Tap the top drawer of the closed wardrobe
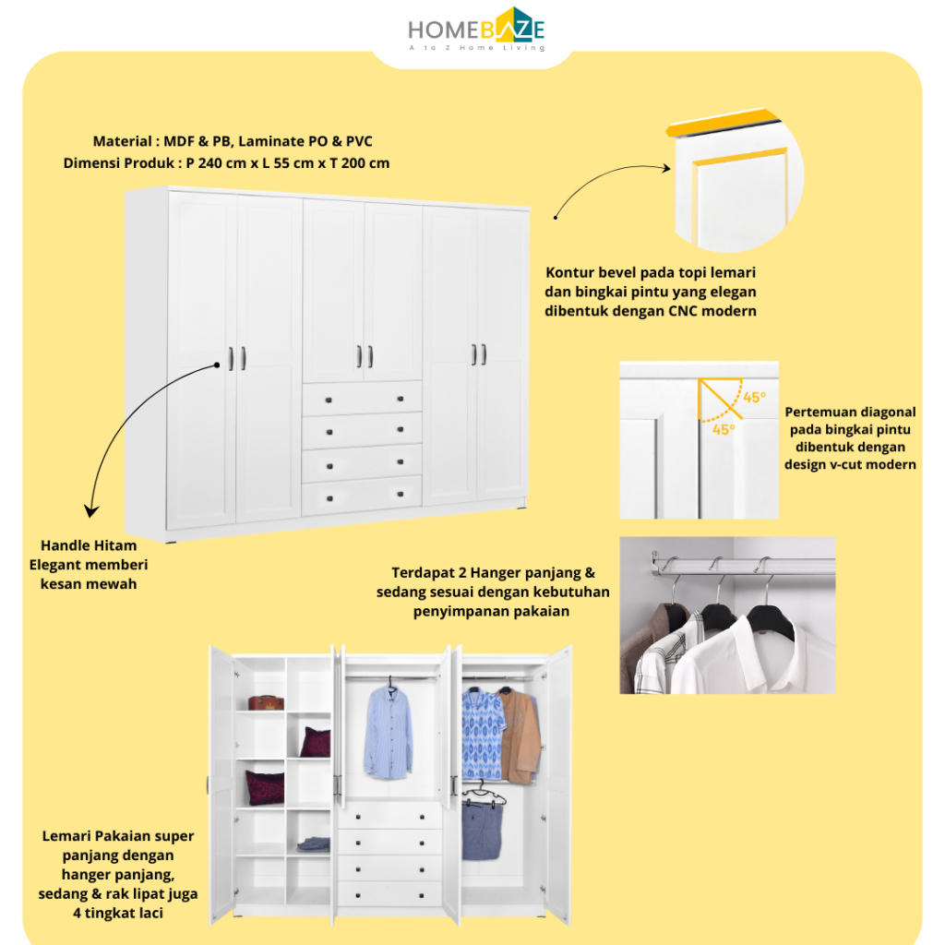(x=362, y=398)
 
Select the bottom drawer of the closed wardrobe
(x=362, y=496)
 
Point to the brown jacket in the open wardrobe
(x=520, y=734)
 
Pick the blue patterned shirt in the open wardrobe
(x=483, y=734)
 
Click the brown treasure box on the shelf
(x=265, y=702)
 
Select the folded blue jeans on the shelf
(x=314, y=843)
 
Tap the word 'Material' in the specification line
(x=121, y=141)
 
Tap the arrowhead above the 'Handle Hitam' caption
(x=90, y=510)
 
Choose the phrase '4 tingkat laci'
(x=119, y=914)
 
